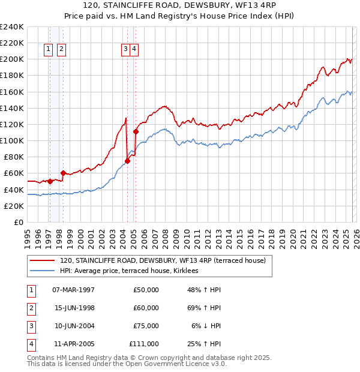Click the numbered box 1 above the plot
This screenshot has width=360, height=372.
point(49,50)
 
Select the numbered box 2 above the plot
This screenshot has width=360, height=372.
point(61,50)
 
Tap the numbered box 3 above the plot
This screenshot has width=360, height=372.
point(125,50)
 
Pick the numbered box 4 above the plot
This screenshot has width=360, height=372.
point(134,50)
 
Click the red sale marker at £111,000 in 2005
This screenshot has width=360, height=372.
point(136,131)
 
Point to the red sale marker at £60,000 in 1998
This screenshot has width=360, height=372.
point(63,173)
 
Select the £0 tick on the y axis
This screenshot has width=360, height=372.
point(19,222)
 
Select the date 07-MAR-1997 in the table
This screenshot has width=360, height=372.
point(73,290)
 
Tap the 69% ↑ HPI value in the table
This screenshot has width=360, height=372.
point(204,308)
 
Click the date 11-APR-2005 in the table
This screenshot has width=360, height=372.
point(73,344)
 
